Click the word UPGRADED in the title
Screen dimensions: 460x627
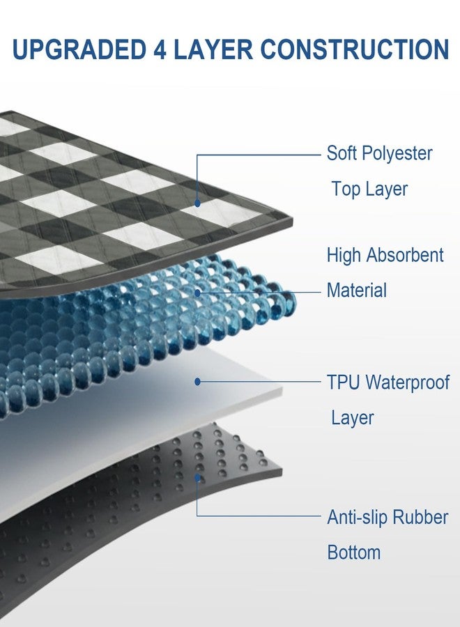[x=79, y=49]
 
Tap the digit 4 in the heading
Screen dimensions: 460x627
[x=160, y=49]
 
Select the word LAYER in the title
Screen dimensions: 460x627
[x=213, y=49]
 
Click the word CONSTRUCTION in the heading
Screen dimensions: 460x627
[x=354, y=49]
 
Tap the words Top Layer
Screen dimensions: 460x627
[x=369, y=189]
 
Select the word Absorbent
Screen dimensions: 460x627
[x=405, y=255]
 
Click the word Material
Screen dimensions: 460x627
[x=357, y=291]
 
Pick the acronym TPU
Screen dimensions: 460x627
[x=344, y=382]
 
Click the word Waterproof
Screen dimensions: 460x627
[x=408, y=383]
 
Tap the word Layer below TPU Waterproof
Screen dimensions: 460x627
[x=353, y=418]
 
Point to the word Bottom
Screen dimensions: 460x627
[x=354, y=552]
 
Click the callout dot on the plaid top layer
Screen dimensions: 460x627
[x=197, y=203]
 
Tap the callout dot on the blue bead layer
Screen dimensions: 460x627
[x=197, y=293]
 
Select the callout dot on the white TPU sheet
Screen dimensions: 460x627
[x=197, y=382]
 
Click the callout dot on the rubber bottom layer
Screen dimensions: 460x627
[x=197, y=477]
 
